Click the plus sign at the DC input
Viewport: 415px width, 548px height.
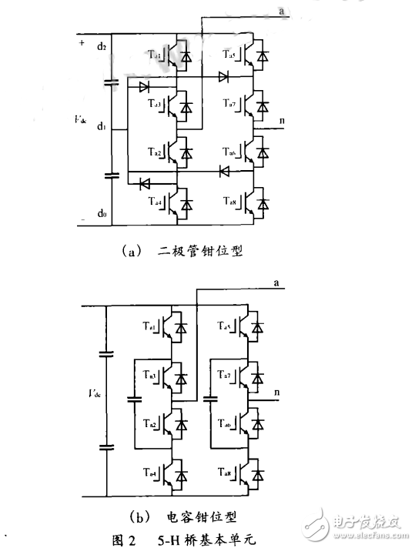point(81,42)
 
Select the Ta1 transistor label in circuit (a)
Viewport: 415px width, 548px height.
point(153,55)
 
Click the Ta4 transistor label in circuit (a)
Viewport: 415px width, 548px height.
point(153,202)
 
